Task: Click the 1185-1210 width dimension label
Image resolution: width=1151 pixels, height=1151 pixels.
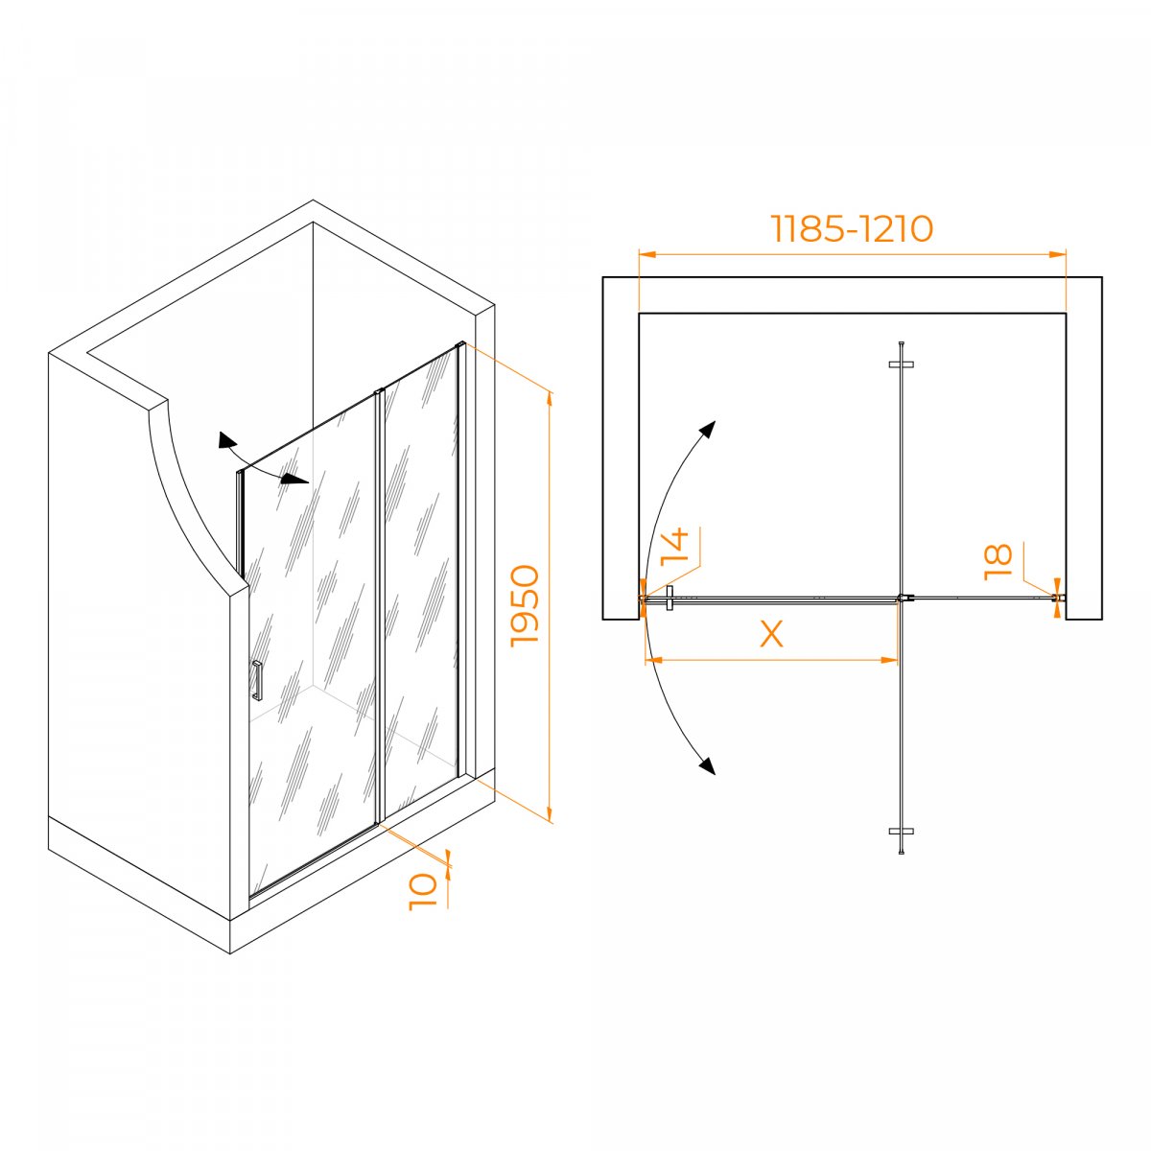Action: [x=852, y=228]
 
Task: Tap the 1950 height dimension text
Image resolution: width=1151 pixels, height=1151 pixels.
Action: [x=525, y=605]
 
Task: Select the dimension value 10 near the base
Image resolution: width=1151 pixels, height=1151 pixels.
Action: [x=423, y=891]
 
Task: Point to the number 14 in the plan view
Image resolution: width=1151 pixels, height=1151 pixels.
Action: [x=675, y=547]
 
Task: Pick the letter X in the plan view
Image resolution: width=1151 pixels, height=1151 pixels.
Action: [x=771, y=634]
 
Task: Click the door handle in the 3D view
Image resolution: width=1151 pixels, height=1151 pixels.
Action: [x=257, y=680]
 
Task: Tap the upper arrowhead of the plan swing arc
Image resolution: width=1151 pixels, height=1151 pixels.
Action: [x=708, y=428]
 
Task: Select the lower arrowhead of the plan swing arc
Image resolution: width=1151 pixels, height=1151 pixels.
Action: [x=708, y=765]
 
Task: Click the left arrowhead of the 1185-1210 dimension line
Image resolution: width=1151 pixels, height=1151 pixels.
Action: [x=647, y=254]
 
